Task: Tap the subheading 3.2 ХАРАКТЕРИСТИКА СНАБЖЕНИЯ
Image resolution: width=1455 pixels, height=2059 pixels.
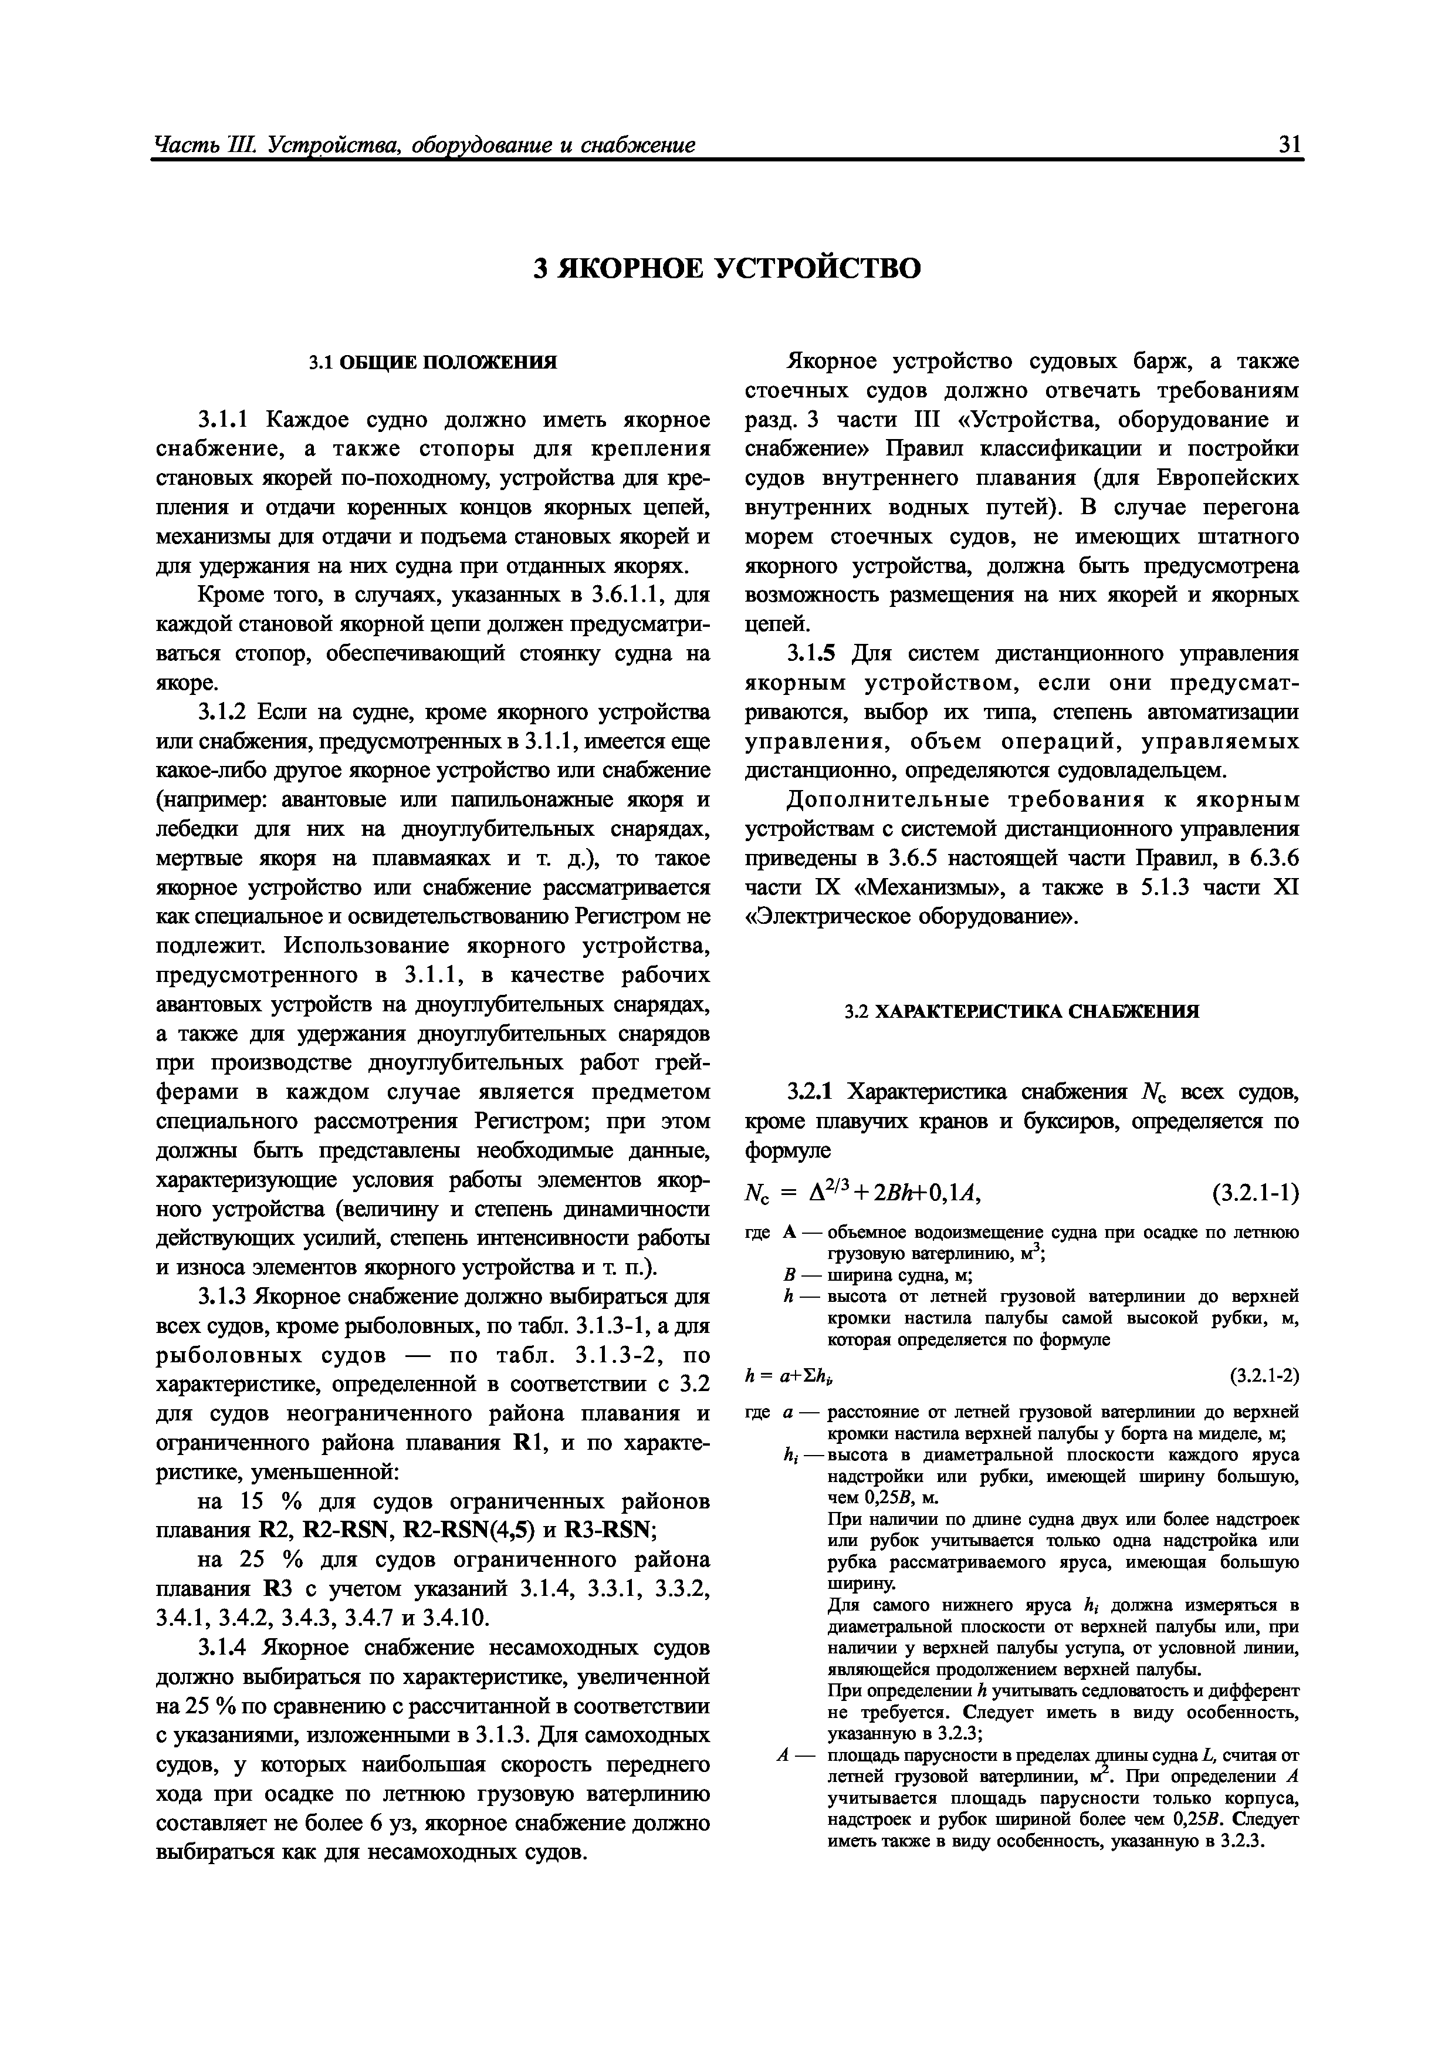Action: click(x=1022, y=1011)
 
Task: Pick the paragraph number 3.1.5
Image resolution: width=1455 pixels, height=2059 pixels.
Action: click(x=816, y=654)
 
